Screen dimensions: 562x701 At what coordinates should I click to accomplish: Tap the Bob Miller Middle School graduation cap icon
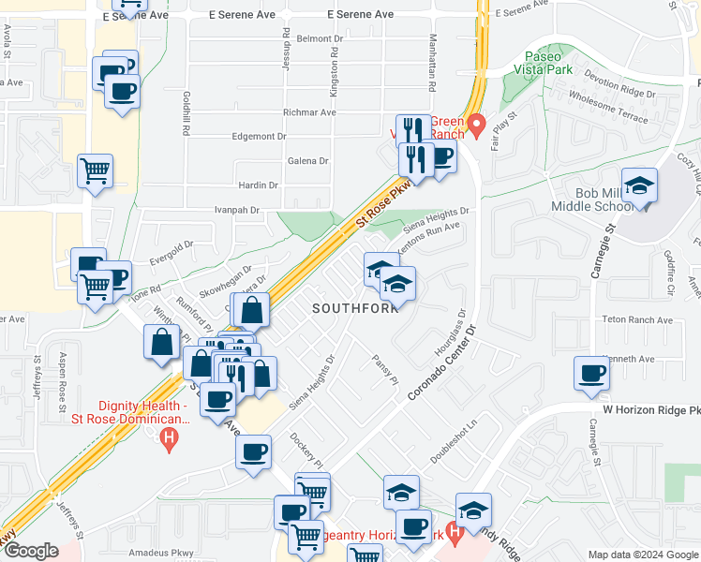[640, 185]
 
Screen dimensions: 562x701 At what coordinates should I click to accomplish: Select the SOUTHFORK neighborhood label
[350, 308]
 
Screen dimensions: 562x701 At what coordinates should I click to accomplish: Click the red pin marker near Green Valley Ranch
[476, 123]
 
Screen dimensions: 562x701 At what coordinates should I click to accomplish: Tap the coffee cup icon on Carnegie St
[592, 374]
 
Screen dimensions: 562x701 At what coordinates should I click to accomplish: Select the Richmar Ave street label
[308, 112]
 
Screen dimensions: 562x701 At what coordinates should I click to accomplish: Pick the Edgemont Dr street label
[259, 136]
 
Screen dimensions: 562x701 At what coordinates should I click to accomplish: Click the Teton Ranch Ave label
[638, 320]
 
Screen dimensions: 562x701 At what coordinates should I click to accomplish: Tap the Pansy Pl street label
[385, 369]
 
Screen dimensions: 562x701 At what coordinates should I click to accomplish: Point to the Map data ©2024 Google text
[642, 555]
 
